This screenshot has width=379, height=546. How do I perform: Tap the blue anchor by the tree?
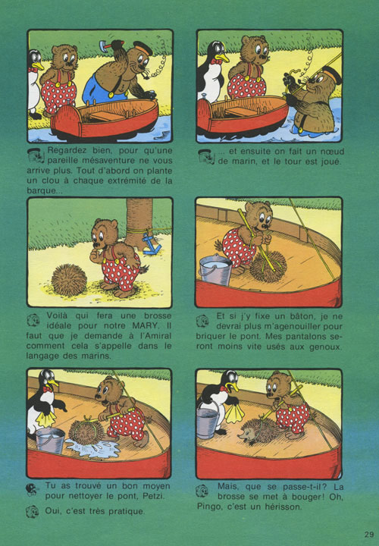pos(152,243)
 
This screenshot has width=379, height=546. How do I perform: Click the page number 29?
pos(369,534)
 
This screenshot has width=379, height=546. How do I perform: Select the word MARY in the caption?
pos(143,326)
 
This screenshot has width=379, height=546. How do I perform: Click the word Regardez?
pos(67,151)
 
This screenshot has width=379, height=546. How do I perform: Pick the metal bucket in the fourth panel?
pos(215,269)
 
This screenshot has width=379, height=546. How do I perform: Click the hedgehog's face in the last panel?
pos(245,436)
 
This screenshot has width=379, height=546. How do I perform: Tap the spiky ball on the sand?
pos(69,280)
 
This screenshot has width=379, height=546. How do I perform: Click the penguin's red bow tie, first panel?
pos(33,70)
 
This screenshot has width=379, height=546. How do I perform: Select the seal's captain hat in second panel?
pos(331,75)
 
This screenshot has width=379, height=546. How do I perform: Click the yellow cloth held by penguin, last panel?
pos(234,413)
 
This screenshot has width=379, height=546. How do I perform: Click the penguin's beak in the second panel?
pos(222,57)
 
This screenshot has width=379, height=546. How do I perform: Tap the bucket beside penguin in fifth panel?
pos(51,440)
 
